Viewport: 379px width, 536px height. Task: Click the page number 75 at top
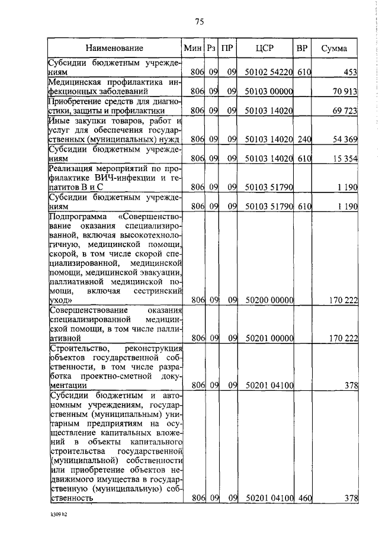point(199,22)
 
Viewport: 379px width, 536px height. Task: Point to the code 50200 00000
point(267,301)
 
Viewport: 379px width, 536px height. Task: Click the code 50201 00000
point(267,338)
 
